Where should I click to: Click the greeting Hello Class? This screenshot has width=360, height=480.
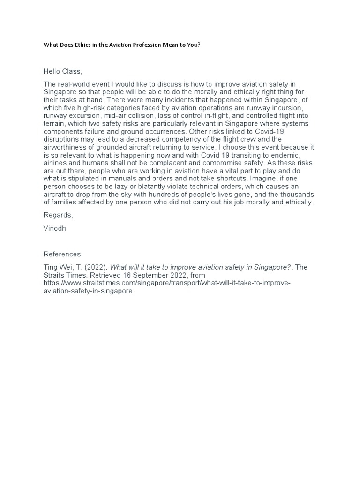[63, 71]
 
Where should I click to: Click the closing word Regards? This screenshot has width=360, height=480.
[58, 215]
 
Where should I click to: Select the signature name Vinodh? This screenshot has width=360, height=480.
[54, 229]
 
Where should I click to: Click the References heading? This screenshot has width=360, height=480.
[62, 254]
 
